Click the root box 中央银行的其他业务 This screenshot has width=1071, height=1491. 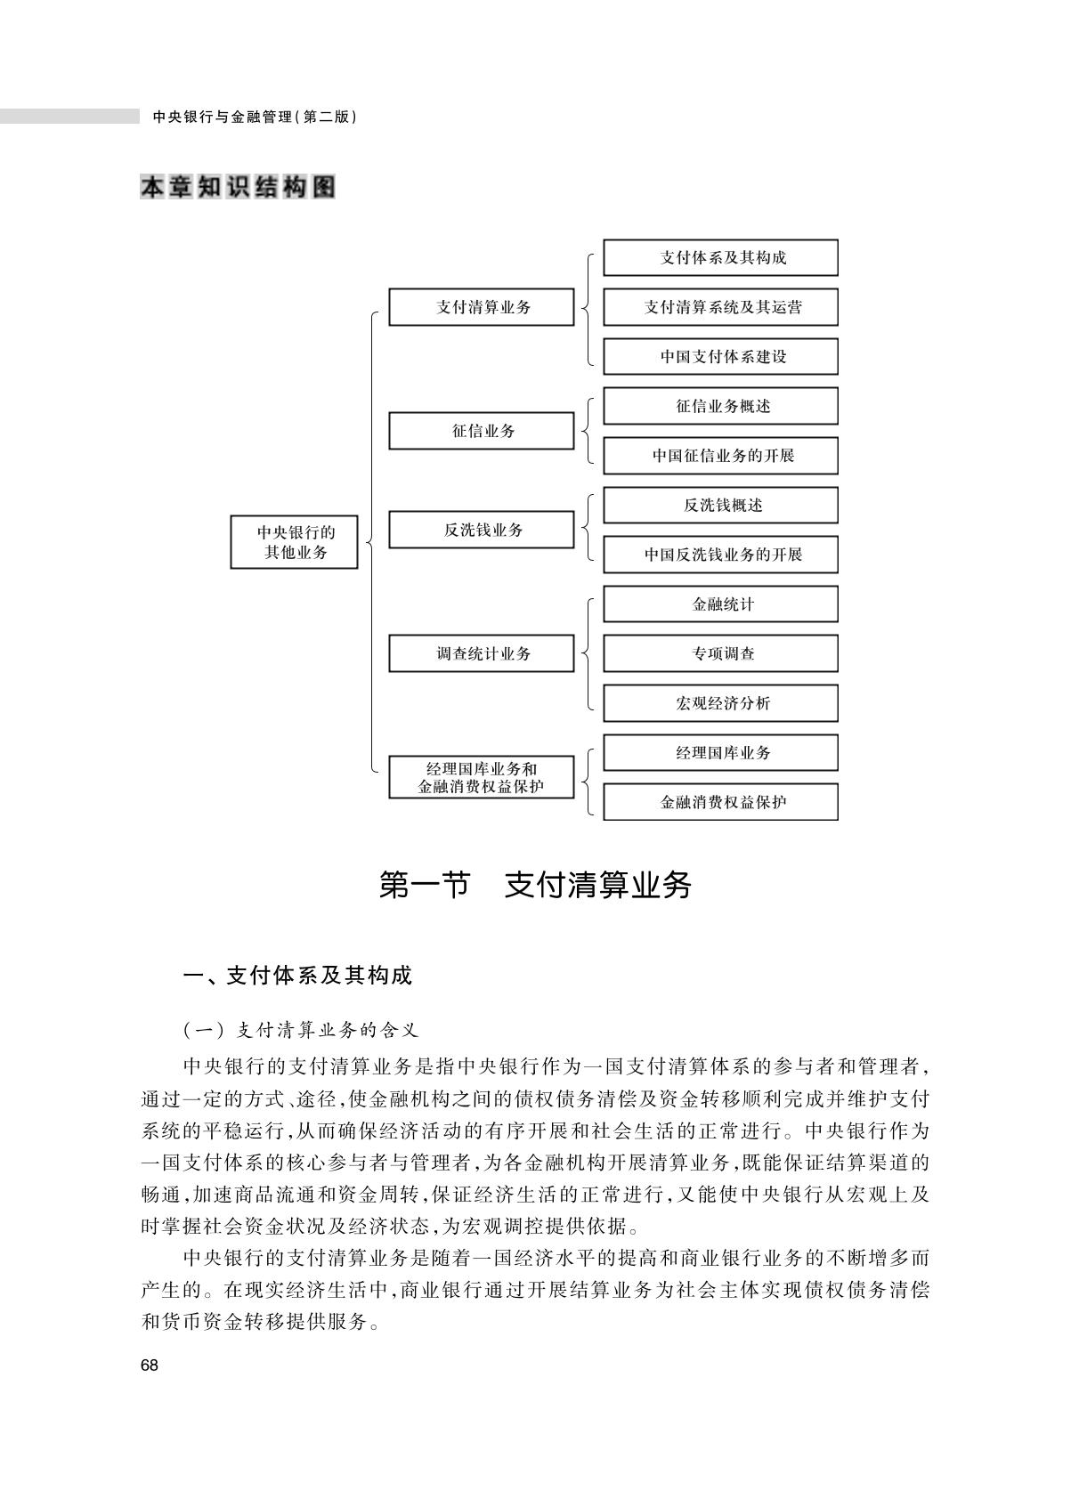point(294,541)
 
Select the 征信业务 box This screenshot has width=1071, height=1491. point(482,431)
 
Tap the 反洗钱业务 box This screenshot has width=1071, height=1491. point(482,530)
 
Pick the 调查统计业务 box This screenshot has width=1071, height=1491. point(482,653)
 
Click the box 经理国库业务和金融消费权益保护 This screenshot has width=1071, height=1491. point(482,777)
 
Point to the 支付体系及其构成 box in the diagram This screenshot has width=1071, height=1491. point(721,257)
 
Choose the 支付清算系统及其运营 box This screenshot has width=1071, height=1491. point(721,307)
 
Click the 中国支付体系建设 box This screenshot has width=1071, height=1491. point(721,357)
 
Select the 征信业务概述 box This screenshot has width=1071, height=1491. point(721,406)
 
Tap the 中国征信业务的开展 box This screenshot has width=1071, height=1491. point(721,455)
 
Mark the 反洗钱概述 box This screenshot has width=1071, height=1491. point(721,506)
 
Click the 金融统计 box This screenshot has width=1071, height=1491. point(721,604)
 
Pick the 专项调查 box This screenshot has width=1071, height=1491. point(721,653)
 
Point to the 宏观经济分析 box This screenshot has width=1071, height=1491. point(721,703)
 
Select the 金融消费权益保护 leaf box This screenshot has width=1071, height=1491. point(721,801)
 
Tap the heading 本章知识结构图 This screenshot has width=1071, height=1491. point(238,187)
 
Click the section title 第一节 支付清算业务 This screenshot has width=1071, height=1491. point(535,885)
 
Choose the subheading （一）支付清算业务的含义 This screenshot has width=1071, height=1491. point(301,1031)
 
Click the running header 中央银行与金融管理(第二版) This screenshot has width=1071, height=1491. point(255,117)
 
